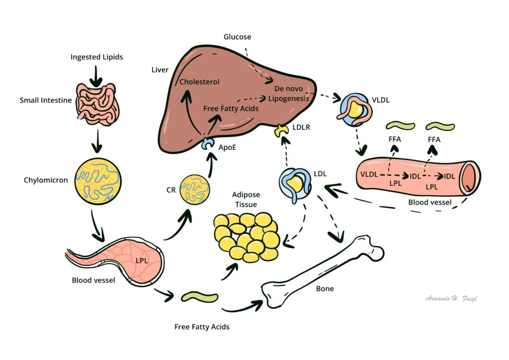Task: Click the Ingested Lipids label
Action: (x=96, y=57)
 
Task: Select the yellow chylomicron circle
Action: (x=98, y=180)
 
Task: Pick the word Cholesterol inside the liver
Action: (x=199, y=82)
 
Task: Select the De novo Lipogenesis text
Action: (x=288, y=93)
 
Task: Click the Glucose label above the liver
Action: (x=237, y=37)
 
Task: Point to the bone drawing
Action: (x=324, y=269)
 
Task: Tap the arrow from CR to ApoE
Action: (x=211, y=164)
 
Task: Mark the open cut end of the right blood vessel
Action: (x=470, y=178)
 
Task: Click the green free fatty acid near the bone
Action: (x=199, y=297)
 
